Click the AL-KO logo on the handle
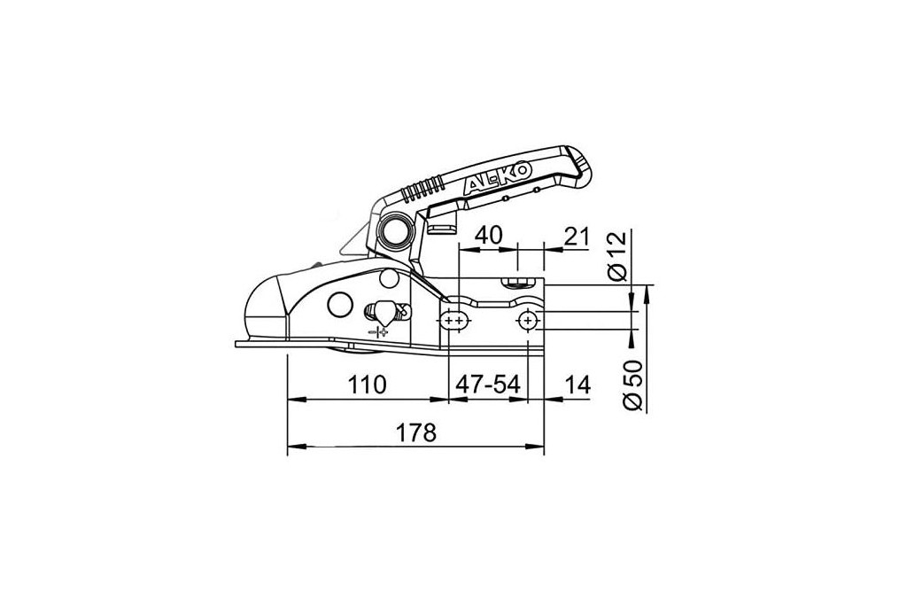[x=498, y=176]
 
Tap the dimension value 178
[x=417, y=432]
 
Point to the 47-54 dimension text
[x=488, y=385]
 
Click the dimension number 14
[x=577, y=385]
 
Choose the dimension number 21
[x=577, y=236]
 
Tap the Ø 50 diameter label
[x=633, y=385]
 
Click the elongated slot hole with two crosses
[x=455, y=322]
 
